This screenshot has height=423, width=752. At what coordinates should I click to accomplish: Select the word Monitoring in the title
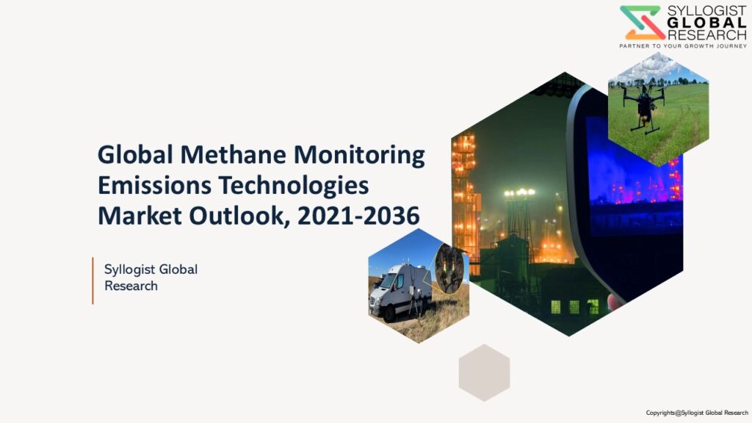359,156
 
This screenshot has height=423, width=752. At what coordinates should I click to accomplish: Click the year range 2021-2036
358,216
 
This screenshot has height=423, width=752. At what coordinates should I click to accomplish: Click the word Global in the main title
135,154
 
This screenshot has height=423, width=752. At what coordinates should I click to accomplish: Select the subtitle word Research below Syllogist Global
131,286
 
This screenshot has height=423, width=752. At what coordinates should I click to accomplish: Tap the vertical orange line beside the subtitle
93,281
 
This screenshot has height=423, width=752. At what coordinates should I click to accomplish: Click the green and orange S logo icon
642,23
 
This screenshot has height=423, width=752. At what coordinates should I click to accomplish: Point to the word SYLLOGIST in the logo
706,11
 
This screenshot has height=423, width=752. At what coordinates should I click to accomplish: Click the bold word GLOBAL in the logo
706,23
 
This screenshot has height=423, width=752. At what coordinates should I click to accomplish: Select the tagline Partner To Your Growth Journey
683,46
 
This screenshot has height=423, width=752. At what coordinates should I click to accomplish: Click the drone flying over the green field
645,105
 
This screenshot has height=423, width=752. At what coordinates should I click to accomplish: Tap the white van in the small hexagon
400,292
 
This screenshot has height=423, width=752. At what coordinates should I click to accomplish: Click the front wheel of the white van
388,314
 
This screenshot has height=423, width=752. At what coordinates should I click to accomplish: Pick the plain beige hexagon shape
484,372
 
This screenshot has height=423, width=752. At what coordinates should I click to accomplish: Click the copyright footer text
697,413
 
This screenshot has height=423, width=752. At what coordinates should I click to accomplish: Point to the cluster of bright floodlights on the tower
519,193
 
